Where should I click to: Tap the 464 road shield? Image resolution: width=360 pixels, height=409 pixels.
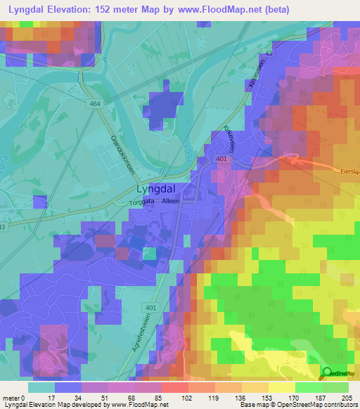point(94,104)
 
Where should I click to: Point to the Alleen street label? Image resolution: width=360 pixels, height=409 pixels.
point(171,200)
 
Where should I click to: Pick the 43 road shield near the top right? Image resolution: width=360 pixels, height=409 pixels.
point(269,55)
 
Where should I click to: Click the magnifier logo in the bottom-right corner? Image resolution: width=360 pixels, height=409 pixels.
point(328,373)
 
